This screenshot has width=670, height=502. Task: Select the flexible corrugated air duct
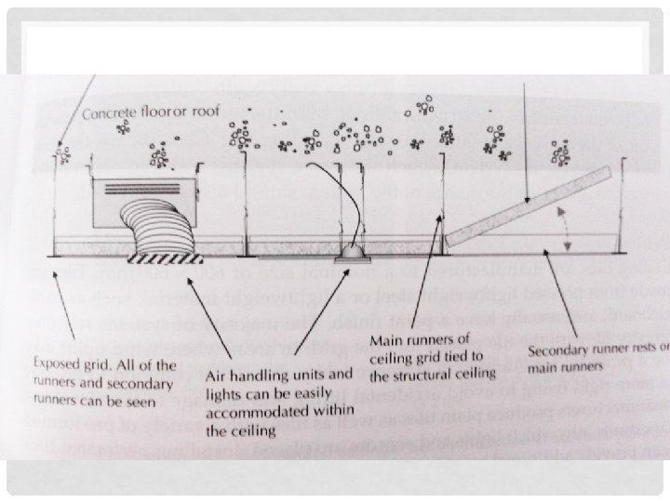pos(159,235)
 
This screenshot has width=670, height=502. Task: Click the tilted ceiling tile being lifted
pos(529,207)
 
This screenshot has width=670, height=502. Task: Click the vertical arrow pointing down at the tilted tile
pos(527,139)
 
